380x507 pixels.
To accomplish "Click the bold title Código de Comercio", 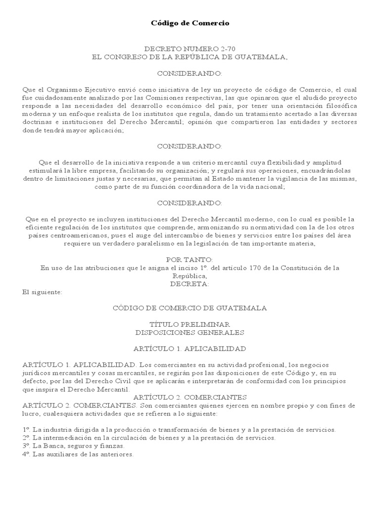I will coord(190,23).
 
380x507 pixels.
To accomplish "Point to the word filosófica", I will coord(340,105).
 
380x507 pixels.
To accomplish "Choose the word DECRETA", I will coord(190,284).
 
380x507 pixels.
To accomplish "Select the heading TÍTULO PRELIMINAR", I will coord(190,324).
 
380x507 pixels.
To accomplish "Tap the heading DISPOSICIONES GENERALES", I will coord(190,332).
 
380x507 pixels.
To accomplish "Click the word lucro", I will coord(31,413).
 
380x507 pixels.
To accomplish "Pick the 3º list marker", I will coord(26,446).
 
